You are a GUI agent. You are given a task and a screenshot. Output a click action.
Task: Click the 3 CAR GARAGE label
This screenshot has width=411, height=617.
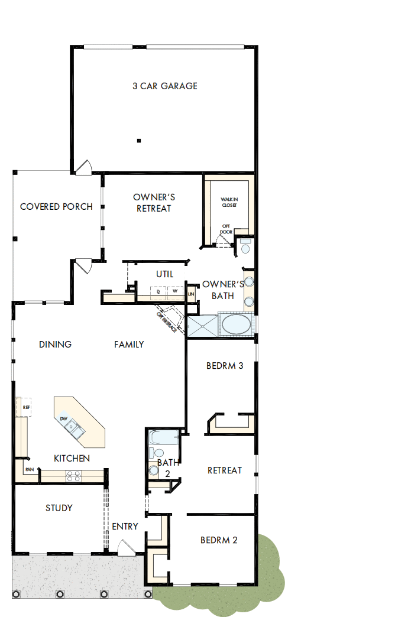pos(164,86)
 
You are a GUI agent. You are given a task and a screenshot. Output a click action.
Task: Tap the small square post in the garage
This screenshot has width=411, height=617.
pos(138,141)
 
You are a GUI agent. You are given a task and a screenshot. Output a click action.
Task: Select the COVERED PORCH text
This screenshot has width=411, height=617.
pos(56,207)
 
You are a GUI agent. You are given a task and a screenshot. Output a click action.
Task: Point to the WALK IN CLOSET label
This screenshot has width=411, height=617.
pos(229,202)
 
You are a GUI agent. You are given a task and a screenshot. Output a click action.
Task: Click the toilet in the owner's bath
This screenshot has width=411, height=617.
pos(245,246)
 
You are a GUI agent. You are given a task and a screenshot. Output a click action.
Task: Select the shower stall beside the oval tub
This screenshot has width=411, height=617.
pos(202,326)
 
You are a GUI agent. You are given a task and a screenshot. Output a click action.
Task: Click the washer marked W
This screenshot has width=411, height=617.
pos(175,291)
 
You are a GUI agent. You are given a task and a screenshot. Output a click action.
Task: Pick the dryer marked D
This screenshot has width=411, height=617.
pos(158,291)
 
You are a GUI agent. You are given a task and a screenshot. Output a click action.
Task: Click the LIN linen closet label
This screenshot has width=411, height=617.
pos(191,294)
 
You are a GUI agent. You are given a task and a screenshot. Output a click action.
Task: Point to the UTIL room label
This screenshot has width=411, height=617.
pos(164,274)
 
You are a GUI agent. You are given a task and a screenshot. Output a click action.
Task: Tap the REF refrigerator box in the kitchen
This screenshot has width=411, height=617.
pos(26,407)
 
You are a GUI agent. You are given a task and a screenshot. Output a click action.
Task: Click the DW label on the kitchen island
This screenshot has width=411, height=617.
pos(63,419)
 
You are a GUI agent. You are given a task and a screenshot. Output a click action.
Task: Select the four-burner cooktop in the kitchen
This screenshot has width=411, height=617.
pos(73,476)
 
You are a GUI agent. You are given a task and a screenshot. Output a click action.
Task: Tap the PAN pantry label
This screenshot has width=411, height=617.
pos(29,470)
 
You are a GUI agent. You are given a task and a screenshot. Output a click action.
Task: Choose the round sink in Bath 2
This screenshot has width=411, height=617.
pos(154,470)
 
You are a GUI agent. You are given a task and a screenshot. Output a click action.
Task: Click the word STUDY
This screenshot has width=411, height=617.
pos(59,508)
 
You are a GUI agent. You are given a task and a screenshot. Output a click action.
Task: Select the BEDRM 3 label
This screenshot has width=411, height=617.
pos(225,366)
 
